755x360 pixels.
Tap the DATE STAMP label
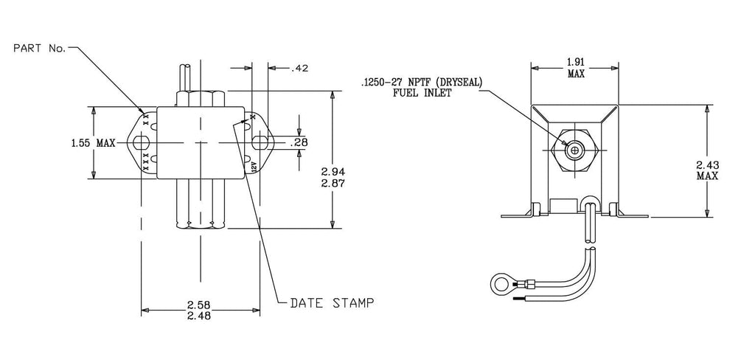click(332, 303)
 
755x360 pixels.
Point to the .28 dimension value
click(299, 142)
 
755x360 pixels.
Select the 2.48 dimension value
click(201, 317)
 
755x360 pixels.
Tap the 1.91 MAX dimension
click(576, 69)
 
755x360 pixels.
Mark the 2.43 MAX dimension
click(707, 170)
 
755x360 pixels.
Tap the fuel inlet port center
click(574, 150)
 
